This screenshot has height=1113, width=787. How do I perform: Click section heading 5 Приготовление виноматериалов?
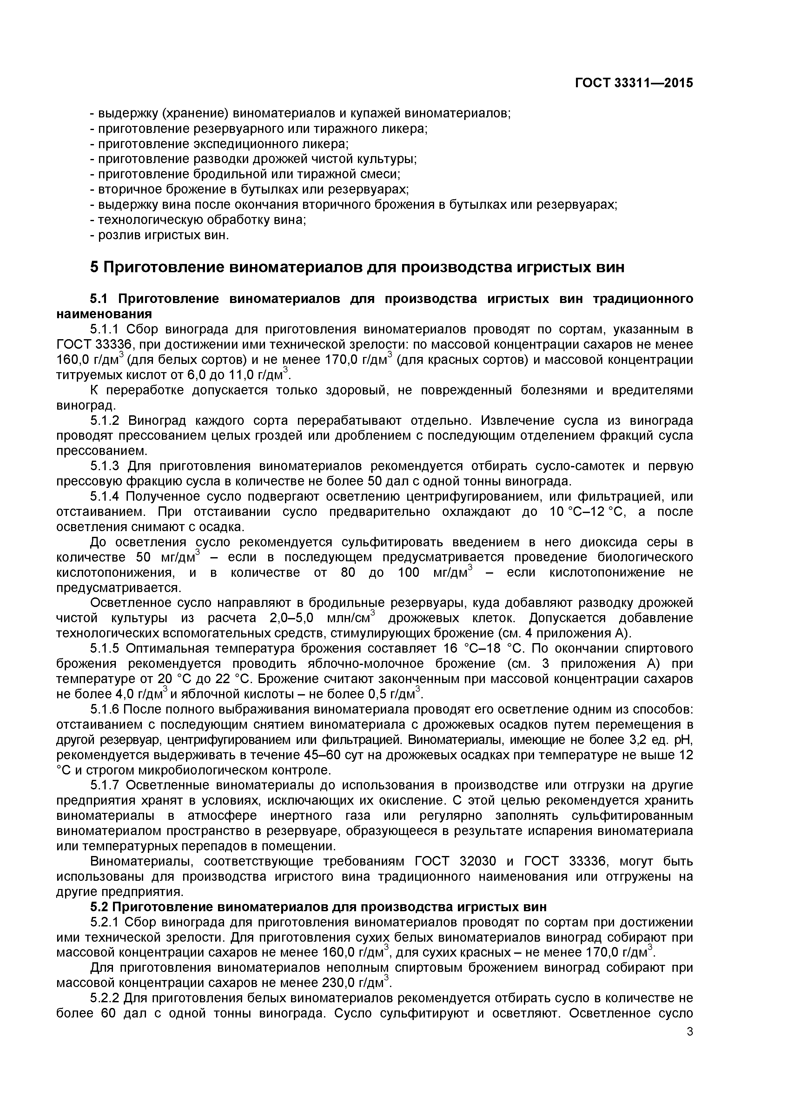point(357,267)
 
